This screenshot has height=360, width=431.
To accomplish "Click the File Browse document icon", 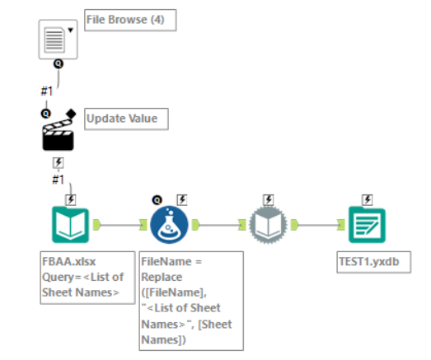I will click(54, 38).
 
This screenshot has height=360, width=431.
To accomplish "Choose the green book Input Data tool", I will click(71, 223).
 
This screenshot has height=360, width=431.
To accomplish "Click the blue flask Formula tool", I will click(169, 223).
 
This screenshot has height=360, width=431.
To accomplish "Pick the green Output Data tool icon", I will click(367, 223).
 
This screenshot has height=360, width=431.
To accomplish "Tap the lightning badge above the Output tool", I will click(367, 199).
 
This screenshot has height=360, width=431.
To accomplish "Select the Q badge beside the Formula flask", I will click(156, 199).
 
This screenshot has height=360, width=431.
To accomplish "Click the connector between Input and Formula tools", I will click(119, 223).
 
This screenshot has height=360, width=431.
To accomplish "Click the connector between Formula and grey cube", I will click(218, 223).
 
